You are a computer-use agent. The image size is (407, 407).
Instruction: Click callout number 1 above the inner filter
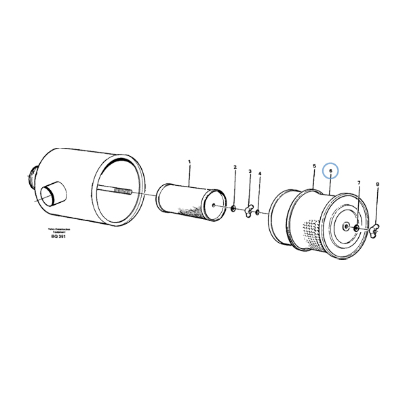click(x=189, y=162)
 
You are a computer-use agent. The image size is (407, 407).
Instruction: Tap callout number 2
click(x=235, y=167)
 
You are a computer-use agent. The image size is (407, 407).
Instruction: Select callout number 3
click(x=250, y=172)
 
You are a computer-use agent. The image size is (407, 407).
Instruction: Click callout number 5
click(x=314, y=166)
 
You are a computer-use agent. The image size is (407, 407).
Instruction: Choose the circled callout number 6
click(x=330, y=171)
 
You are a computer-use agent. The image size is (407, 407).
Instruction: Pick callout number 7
click(x=359, y=183)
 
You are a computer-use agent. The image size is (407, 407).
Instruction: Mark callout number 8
click(x=377, y=185)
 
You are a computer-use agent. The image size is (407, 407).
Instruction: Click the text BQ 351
click(x=59, y=237)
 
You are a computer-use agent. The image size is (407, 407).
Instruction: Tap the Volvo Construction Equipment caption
click(x=59, y=230)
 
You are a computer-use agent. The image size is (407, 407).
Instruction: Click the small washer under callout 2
click(x=233, y=208)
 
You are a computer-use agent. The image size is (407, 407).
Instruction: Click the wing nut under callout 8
click(x=374, y=232)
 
